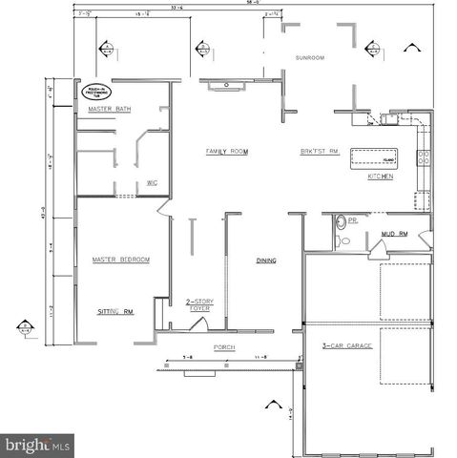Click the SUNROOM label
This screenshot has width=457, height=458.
[x=310, y=58]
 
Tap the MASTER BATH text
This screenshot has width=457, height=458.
[x=111, y=110]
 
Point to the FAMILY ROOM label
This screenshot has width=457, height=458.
[x=227, y=152]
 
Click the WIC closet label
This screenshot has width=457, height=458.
[x=152, y=182]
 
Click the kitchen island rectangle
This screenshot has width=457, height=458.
[x=376, y=156]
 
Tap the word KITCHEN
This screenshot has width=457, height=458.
[x=382, y=177]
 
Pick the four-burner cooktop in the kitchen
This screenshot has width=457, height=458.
[x=425, y=156]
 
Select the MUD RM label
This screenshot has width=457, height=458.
[x=394, y=233]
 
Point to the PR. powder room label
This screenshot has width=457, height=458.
[x=352, y=219]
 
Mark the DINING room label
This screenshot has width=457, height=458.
[x=265, y=260]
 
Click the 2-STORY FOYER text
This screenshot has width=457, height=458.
[x=198, y=304]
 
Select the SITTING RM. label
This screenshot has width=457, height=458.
[x=114, y=312]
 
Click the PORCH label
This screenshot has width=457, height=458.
[x=224, y=347]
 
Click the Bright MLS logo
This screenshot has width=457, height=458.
[x=38, y=445]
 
